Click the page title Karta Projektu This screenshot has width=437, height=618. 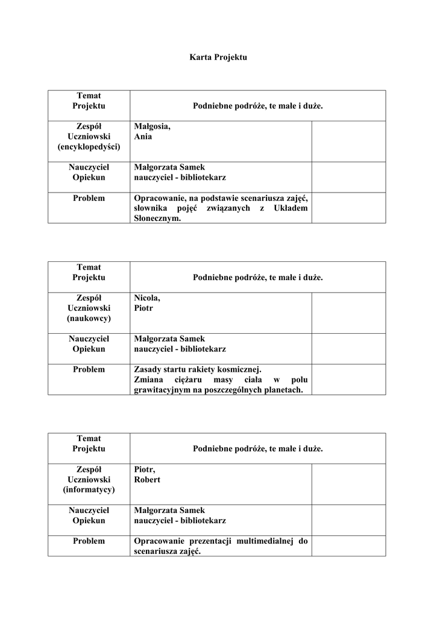tap(218, 57)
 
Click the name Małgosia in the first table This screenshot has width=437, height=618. tap(152, 126)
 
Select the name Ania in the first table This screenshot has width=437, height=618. tap(143, 136)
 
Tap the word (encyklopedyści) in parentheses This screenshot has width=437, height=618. tap(89, 147)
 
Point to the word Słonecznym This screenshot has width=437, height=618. tap(157, 218)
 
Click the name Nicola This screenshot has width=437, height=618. tap(147, 298)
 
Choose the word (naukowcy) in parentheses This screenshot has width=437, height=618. tap(89, 318)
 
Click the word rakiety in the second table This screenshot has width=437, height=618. tap(209, 369)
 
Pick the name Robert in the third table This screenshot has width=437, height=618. tap(147, 479)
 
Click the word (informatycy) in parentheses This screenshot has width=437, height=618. tap(89, 489)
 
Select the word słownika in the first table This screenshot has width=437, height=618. tap(150, 208)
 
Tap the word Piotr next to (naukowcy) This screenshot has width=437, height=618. tap(143, 308)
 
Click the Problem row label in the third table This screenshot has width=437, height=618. tap(89, 541)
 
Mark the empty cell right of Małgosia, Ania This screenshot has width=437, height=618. tap(348, 141)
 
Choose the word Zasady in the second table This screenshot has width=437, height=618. tap(148, 369)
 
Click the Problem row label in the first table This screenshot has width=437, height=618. tap(89, 198)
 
